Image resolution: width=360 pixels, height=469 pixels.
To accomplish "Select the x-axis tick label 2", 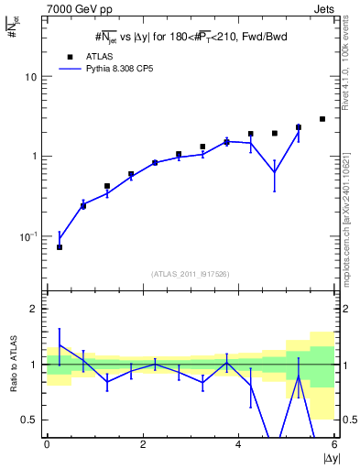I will [x=143, y=444].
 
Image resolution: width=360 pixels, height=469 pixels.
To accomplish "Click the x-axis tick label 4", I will [x=239, y=444].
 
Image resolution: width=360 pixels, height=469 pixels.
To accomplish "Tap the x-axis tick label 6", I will [x=334, y=444].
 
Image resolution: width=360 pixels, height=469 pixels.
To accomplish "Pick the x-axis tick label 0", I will [x=47, y=444].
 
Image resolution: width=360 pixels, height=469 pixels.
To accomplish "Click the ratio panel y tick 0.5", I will [x=32, y=420].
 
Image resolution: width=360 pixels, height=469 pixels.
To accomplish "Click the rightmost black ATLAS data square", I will [x=322, y=119].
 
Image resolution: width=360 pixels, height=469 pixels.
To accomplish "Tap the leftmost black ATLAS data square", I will [x=60, y=247].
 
